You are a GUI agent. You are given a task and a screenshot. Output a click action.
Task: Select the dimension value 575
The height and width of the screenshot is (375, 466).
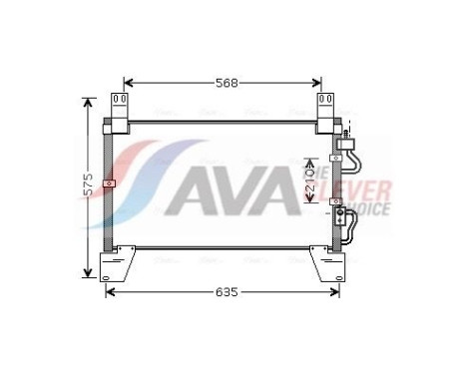pyautogui.click(x=88, y=186)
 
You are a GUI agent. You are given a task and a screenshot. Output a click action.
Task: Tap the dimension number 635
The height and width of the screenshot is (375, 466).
pyautogui.click(x=226, y=292)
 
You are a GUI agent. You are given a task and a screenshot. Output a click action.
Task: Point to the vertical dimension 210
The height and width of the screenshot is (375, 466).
pyautogui.click(x=310, y=180)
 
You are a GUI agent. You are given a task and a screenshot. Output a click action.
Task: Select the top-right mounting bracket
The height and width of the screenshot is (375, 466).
pyautogui.click(x=326, y=112)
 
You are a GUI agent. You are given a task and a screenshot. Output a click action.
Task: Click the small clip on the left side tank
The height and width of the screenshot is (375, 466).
pyautogui.click(x=111, y=184)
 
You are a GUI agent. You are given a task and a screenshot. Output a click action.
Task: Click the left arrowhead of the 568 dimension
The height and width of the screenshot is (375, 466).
pyautogui.click(x=127, y=84)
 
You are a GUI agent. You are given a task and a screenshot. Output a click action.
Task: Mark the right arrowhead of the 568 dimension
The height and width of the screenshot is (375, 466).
pyautogui.click(x=319, y=84)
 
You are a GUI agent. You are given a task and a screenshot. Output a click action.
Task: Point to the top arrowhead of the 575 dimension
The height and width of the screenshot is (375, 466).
pyautogui.click(x=89, y=100)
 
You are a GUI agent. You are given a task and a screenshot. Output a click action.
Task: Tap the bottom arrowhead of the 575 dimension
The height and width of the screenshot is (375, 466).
pyautogui.click(x=89, y=274)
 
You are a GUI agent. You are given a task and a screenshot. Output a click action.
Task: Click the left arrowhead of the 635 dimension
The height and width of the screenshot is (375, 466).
pyautogui.click(x=110, y=292)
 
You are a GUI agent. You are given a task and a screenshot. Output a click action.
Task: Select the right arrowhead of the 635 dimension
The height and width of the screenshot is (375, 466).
pyautogui.click(x=337, y=292)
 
